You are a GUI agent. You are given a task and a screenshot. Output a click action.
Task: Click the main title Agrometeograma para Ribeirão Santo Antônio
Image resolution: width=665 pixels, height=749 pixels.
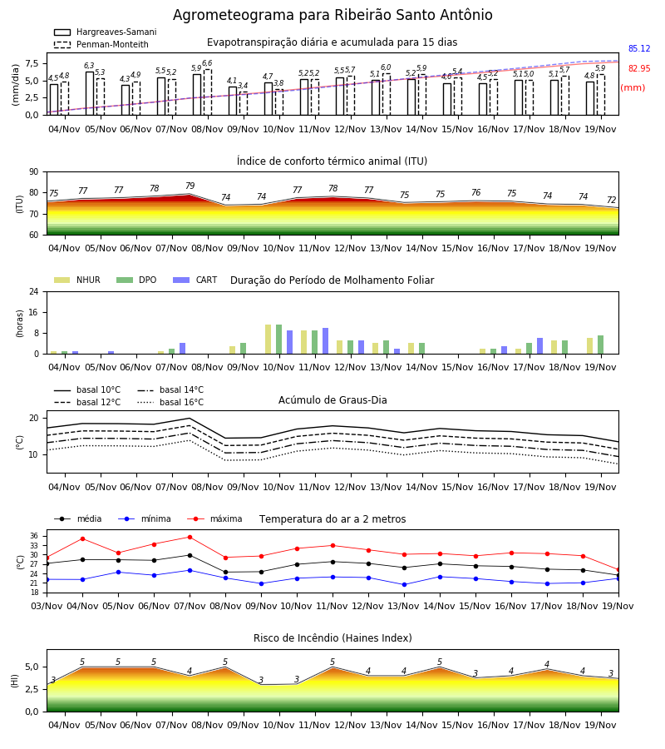[332, 15]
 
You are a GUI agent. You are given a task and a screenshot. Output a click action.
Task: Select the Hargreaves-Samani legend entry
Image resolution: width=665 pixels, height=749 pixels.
[106, 32]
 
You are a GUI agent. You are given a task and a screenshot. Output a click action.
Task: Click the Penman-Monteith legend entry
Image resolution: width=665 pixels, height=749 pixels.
[101, 44]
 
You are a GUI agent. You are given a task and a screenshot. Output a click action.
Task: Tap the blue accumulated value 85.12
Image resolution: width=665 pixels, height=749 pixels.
[639, 49]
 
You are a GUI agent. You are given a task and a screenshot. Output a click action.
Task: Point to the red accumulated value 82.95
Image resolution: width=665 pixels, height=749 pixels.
[639, 69]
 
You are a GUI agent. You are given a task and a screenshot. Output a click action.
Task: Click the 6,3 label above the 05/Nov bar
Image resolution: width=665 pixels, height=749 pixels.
[89, 66]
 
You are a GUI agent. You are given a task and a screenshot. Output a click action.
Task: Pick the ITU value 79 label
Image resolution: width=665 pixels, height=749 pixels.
[190, 186]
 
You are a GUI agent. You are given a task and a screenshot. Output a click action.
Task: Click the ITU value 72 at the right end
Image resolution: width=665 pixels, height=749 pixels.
[612, 200]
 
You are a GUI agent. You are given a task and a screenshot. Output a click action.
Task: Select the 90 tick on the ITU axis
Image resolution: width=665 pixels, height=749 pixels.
[34, 172]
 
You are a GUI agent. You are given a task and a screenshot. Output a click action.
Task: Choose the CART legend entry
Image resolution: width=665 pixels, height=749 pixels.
[195, 280]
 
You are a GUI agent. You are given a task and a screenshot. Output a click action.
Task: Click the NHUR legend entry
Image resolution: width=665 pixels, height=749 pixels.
[77, 280]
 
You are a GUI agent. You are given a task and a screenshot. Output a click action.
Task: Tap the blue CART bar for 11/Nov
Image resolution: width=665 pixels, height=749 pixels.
[325, 340]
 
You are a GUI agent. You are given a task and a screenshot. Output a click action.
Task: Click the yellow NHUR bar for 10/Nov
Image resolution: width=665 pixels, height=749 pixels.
[268, 340]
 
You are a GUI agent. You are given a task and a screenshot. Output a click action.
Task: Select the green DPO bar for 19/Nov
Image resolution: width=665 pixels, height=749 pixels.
[601, 345]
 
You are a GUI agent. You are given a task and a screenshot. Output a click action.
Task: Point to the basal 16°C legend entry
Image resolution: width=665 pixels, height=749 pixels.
[170, 402]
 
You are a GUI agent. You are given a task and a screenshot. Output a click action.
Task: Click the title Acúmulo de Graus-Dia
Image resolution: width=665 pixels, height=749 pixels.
[332, 400]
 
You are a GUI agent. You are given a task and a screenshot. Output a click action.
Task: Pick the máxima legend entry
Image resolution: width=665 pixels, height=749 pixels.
[214, 518]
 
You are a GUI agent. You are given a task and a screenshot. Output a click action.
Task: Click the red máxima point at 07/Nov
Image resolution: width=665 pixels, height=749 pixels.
[190, 537]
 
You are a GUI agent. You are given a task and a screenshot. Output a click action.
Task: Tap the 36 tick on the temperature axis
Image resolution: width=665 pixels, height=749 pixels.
[34, 536]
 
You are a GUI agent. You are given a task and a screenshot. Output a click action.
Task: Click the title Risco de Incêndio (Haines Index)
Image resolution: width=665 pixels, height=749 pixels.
[332, 638]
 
